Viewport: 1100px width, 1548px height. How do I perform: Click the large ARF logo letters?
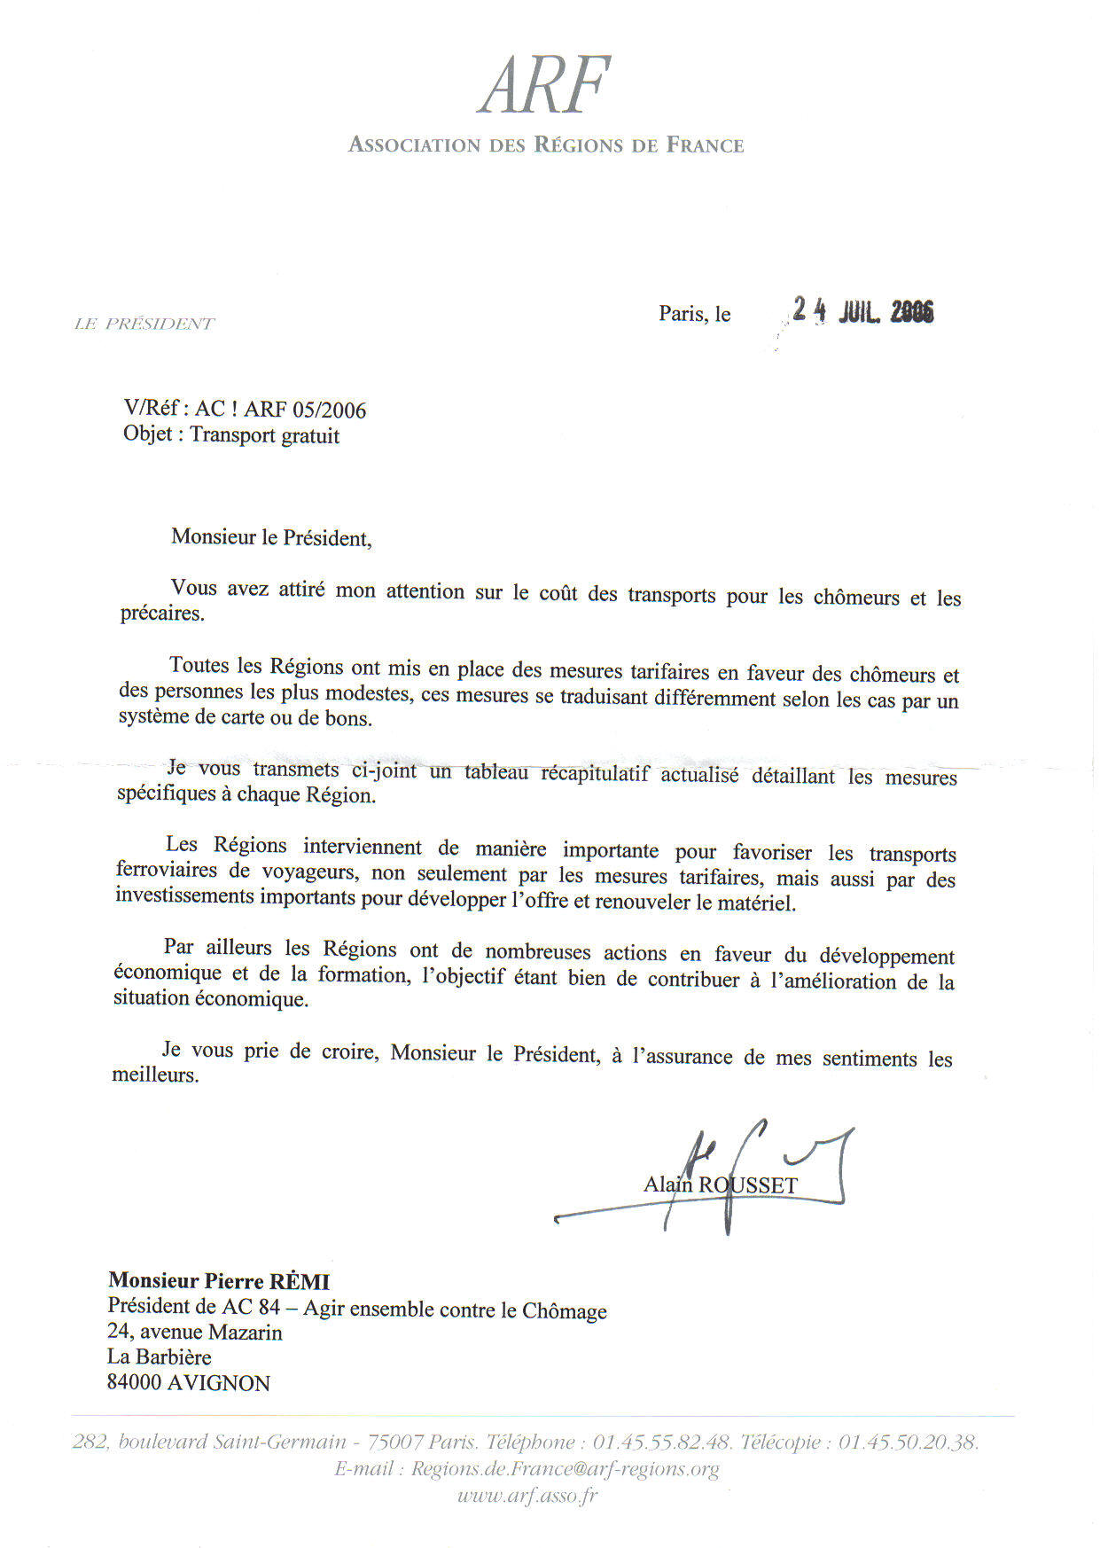coord(544,85)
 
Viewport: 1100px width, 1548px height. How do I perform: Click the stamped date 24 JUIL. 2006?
coord(862,310)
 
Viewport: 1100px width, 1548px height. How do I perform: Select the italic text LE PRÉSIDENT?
coord(144,324)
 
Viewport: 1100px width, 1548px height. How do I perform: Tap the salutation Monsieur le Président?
coord(271,538)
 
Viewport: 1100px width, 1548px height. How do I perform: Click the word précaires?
coord(161,614)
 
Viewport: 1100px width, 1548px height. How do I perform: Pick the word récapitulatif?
coord(595,773)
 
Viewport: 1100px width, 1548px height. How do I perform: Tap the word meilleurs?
coord(155,1075)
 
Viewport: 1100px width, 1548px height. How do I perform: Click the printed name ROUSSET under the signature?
coord(748,1185)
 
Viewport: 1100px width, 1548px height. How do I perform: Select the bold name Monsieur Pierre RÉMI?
coord(218,1281)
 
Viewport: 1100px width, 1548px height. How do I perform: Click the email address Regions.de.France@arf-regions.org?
coord(565,1469)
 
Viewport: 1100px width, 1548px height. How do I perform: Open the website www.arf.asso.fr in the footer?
coord(527,1497)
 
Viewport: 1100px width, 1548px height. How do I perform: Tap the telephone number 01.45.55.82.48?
coord(662,1442)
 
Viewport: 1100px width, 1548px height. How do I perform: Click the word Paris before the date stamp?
coord(682,314)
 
